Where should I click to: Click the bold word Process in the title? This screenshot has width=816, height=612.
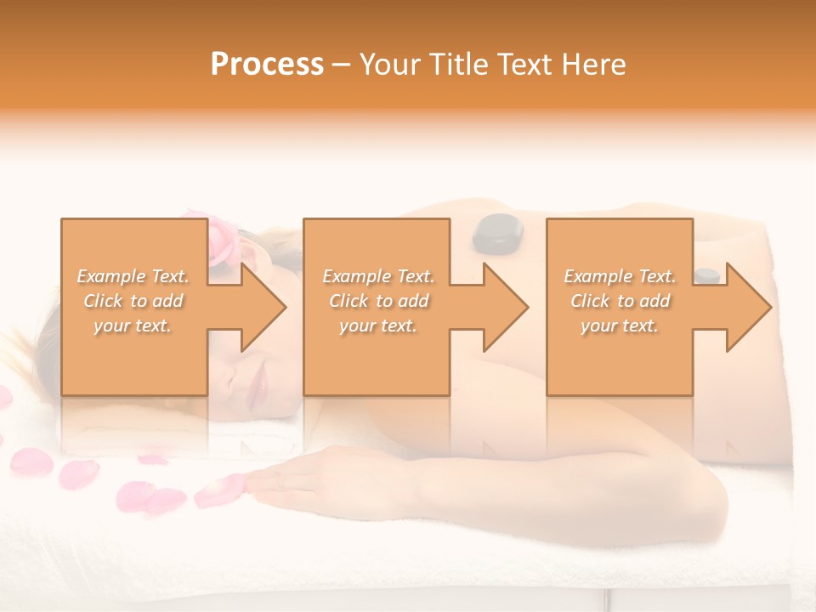pos(267,65)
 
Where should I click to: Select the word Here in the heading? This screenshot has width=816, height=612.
pos(594,65)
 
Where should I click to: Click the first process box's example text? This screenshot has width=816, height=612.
pos(133,301)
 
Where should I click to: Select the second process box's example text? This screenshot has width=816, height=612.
pos(377,301)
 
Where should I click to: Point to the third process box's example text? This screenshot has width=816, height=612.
pos(619,301)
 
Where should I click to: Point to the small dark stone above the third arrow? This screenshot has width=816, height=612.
pos(706,275)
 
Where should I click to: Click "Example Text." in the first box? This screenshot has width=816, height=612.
pos(133,276)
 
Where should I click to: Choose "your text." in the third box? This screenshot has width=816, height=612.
pos(619,326)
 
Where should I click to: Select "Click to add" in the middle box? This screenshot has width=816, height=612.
pos(377,301)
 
